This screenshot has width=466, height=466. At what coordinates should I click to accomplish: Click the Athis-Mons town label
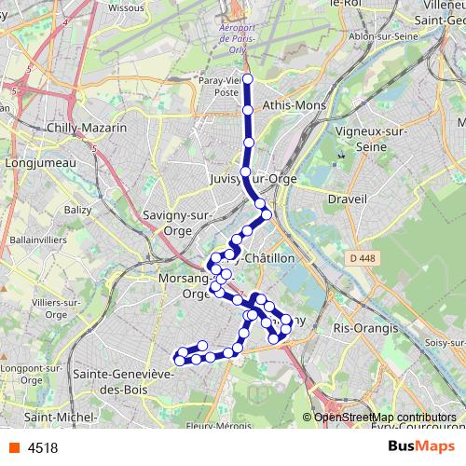pyautogui.click(x=295, y=105)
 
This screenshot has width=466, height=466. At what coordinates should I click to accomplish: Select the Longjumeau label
pyautogui.click(x=33, y=162)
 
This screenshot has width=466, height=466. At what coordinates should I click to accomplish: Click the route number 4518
pyautogui.click(x=43, y=447)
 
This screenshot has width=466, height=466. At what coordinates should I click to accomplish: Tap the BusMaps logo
pyautogui.click(x=420, y=446)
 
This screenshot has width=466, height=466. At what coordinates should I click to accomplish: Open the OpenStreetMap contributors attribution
pyautogui.click(x=385, y=418)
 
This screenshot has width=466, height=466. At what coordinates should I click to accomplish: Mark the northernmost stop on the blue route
pyautogui.click(x=248, y=79)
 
